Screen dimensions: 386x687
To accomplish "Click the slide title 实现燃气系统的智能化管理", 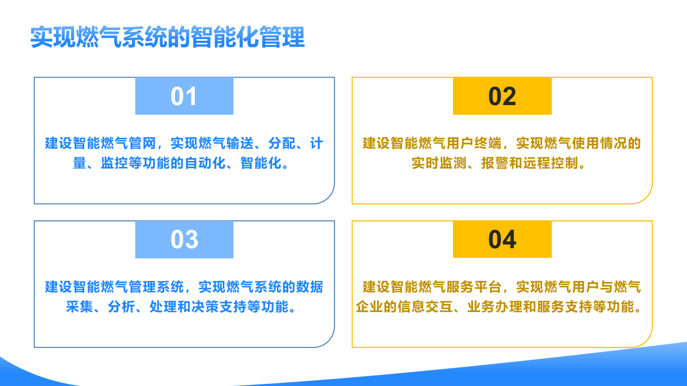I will point(167,38).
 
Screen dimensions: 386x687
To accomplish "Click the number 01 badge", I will point(184,96).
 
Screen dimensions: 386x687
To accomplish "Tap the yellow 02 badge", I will point(502,96).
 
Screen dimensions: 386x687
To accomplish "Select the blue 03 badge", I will point(184,240).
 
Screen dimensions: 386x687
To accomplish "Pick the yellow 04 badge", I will point(502,240).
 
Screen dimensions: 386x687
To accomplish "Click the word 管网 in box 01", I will point(143,144).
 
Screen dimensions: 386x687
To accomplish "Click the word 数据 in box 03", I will point(310,287).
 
